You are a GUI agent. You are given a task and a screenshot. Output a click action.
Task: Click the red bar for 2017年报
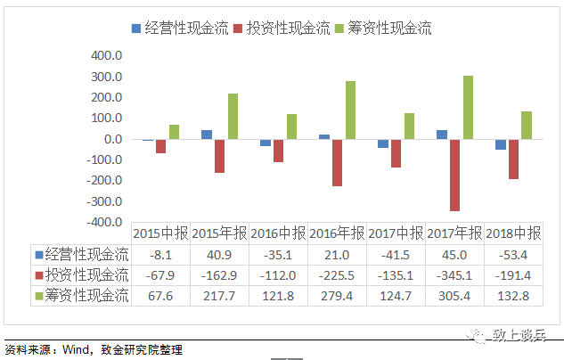click(454, 176)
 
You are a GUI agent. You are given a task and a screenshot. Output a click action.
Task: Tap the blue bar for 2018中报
click(501, 144)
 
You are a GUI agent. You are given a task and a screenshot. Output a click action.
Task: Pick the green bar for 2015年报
click(233, 117)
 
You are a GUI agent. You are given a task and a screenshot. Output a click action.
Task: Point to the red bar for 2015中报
click(160, 146)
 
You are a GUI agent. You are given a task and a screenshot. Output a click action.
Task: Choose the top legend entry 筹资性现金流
click(387, 28)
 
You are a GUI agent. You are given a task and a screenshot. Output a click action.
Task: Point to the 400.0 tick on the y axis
click(106, 55)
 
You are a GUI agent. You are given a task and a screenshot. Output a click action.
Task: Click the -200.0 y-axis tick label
click(103, 181)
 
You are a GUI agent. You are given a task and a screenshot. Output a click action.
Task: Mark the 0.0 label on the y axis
click(112, 139)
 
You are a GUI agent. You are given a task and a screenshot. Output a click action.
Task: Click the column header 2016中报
click(277, 233)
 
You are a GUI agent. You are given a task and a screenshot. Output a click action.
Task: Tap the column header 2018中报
click(511, 233)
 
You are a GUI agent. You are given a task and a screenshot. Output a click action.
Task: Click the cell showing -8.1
click(160, 254)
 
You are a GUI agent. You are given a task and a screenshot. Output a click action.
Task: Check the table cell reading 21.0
click(336, 254)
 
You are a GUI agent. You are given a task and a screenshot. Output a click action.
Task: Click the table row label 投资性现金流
click(86, 274)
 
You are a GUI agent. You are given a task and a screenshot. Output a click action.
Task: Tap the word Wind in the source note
click(78, 350)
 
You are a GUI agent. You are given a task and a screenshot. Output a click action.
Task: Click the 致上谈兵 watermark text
click(525, 336)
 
